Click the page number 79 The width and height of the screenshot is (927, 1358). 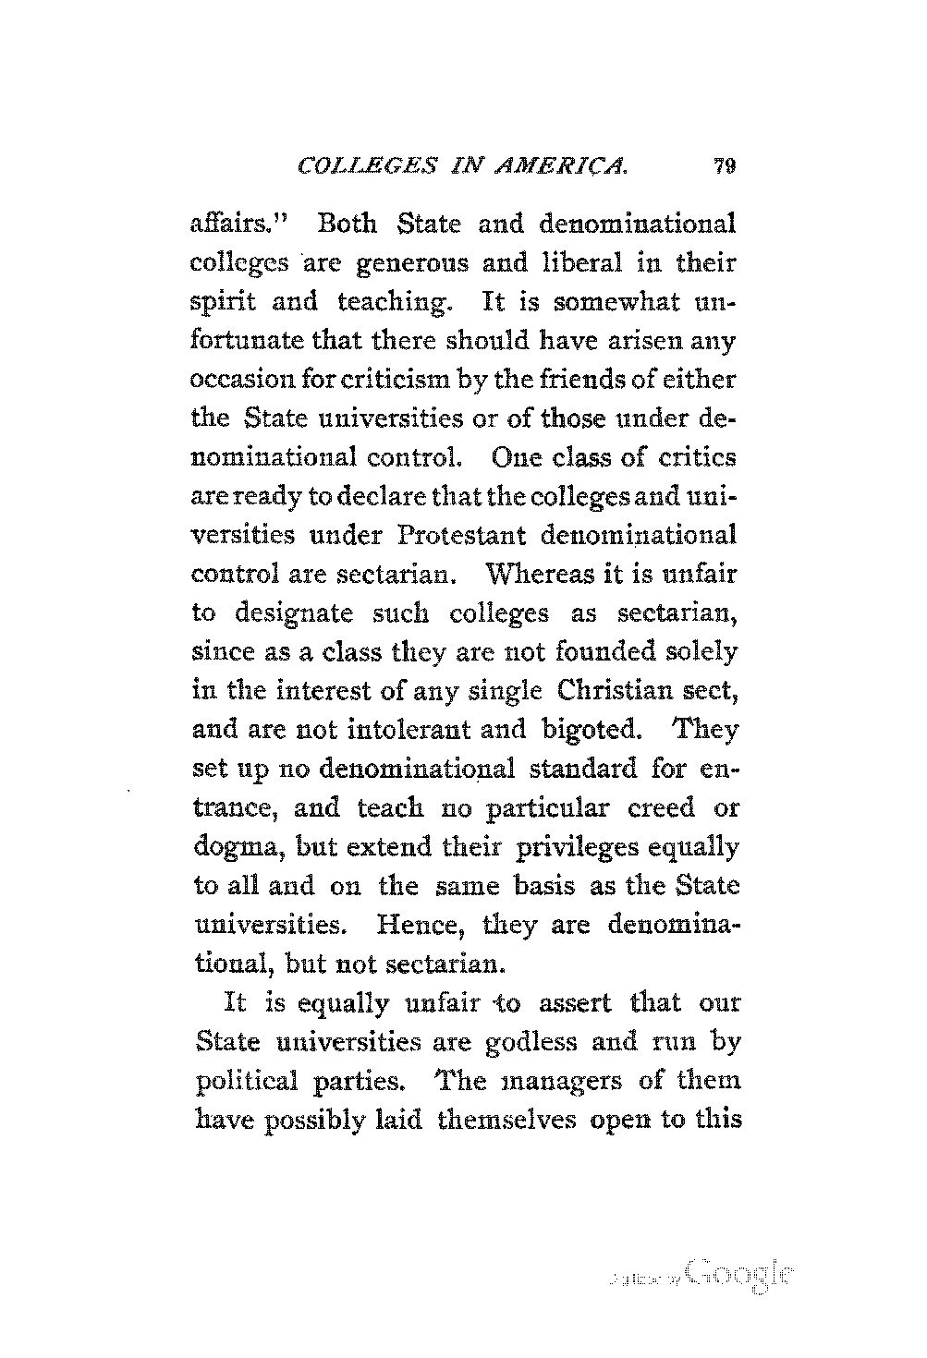pyautogui.click(x=724, y=167)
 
